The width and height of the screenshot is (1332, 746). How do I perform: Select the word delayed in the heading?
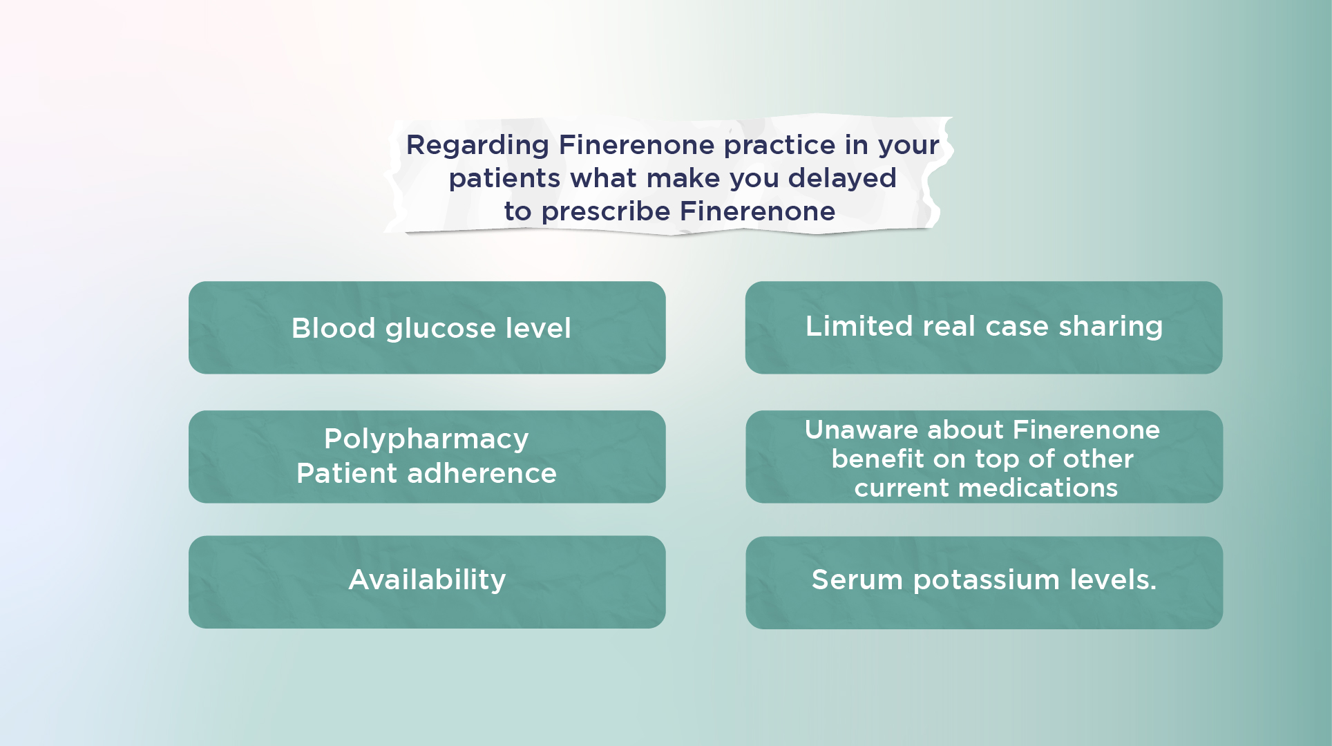tap(842, 178)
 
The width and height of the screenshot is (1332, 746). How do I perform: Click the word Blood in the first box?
tap(333, 328)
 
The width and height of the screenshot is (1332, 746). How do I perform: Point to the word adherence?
tap(482, 474)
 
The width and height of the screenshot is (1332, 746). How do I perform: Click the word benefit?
tap(876, 459)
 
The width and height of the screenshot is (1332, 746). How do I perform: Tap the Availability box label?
tap(427, 580)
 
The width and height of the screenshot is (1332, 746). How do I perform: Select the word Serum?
tap(857, 580)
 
